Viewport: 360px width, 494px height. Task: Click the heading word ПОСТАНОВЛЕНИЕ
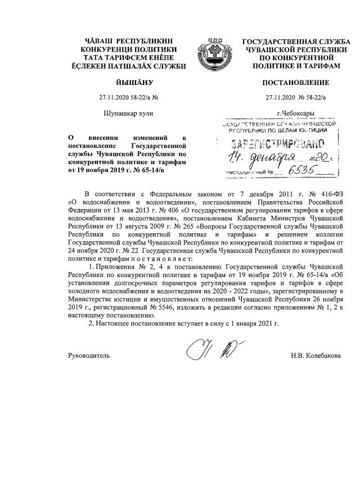pyautogui.click(x=296, y=83)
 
